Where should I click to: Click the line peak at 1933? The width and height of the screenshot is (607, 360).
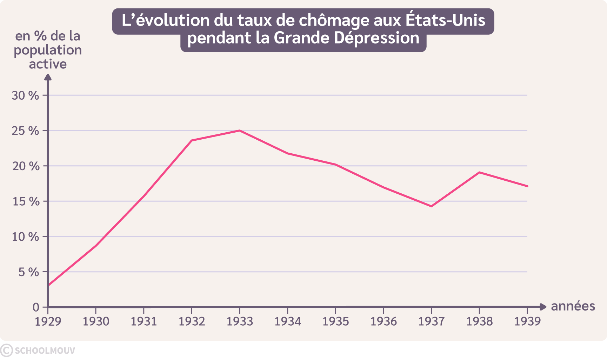tap(239, 131)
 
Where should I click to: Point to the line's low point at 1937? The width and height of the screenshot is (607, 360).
tap(431, 206)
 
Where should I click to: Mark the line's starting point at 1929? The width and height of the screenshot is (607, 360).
tap(48, 285)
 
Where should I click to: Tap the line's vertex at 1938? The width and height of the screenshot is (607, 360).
tap(479, 172)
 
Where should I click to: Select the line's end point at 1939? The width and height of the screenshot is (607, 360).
tap(527, 186)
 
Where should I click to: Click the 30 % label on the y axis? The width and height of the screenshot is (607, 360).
tap(25, 95)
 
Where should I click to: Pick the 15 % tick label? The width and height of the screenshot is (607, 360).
tap(26, 201)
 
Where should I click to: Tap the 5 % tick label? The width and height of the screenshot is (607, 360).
tap(28, 272)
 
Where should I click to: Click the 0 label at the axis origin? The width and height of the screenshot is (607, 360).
tap(36, 307)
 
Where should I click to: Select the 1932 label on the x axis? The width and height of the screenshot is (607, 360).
tap(192, 321)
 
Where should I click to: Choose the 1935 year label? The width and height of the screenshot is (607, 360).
tap(335, 321)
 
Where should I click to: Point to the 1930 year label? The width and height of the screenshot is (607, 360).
tap(96, 321)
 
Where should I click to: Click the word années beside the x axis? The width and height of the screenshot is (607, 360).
tap(573, 306)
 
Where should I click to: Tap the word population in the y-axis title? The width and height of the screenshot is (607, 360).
tap(48, 50)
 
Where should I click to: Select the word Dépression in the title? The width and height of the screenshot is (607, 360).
tap(376, 38)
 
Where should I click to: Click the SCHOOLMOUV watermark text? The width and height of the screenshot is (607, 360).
tap(45, 351)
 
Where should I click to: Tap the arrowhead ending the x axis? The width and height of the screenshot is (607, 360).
tap(543, 307)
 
